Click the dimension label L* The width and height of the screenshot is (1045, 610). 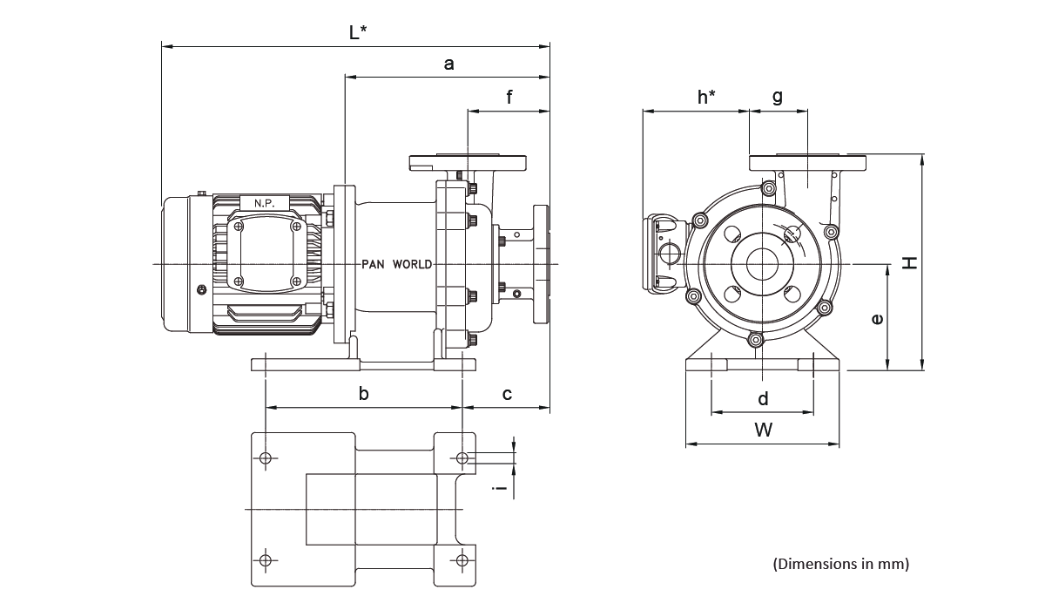tap(357, 32)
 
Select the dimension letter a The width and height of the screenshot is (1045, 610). tap(449, 63)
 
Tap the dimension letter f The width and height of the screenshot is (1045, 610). tap(509, 97)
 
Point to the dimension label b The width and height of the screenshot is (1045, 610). tap(364, 394)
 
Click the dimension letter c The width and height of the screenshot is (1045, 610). tap(507, 394)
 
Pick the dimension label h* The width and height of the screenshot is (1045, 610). tap(706, 97)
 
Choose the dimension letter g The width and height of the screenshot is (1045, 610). tap(778, 97)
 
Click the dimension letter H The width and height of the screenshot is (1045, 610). tap(910, 261)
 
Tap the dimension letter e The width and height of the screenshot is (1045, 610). tap(877, 319)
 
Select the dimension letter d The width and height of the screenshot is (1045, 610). tap(763, 399)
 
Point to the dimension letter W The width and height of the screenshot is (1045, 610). tap(763, 430)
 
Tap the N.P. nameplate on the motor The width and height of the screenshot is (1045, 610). tap(264, 203)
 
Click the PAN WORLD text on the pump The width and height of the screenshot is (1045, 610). tap(397, 264)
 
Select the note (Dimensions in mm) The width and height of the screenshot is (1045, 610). tap(840, 564)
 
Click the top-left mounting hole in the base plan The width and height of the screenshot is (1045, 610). tap(266, 457)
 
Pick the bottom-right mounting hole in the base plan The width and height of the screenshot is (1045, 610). tap(462, 559)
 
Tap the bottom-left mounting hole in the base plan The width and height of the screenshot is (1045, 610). tap(266, 559)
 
